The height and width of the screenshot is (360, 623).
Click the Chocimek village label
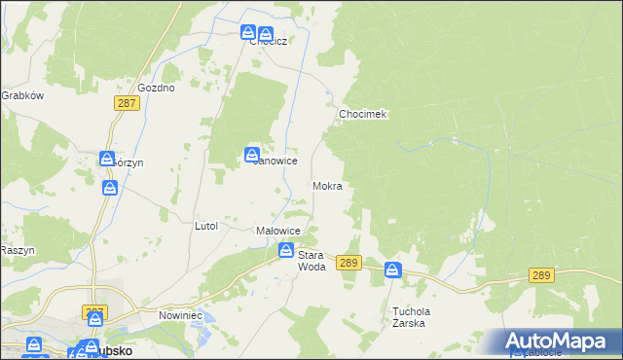(x=363, y=114)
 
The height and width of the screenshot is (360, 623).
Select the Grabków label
(x=22, y=95)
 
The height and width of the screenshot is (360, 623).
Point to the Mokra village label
(x=327, y=185)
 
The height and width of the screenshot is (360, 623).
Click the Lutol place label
(x=205, y=226)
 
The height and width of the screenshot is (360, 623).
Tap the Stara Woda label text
(x=311, y=260)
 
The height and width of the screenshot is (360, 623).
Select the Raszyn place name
(x=18, y=250)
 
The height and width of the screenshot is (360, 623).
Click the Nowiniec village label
(x=179, y=316)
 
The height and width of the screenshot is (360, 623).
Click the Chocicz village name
(x=267, y=42)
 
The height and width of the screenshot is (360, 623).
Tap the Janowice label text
(x=275, y=161)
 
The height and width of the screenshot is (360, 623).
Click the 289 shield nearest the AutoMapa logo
(x=543, y=276)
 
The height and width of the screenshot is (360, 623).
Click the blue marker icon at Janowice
(x=252, y=154)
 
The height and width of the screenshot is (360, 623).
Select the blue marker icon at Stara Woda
(x=286, y=250)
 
